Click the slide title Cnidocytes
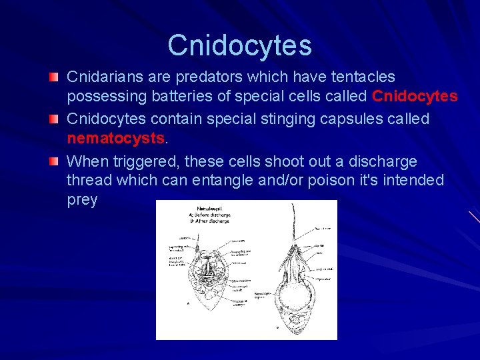[x=239, y=45]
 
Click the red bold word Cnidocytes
[x=415, y=97]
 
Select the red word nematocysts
[x=115, y=138]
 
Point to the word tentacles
[x=361, y=77]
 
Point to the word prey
[x=82, y=200]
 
